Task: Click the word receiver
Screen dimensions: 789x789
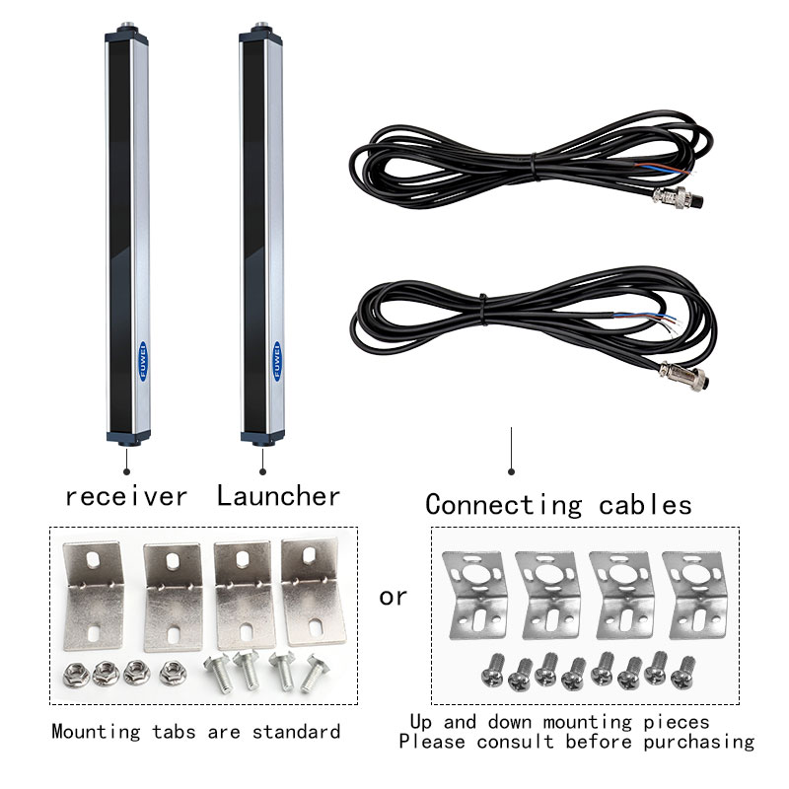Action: pyautogui.click(x=125, y=495)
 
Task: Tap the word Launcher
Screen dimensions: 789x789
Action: pyautogui.click(x=279, y=495)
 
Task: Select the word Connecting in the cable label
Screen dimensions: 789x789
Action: pyautogui.click(x=503, y=505)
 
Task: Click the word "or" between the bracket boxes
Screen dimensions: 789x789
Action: pyautogui.click(x=393, y=597)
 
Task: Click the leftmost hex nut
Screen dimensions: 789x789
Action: pyautogui.click(x=71, y=675)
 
